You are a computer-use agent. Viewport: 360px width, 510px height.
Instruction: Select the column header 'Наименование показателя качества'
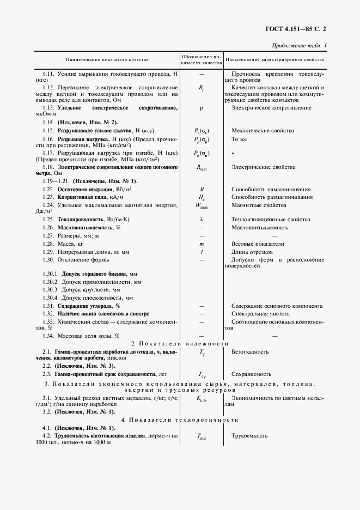pos(107,59)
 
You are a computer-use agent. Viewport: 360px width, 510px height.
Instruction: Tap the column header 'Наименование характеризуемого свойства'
pos(275,59)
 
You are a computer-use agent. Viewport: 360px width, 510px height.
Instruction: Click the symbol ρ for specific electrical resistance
pos(201,109)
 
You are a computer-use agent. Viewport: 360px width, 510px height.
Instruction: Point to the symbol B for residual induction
pos(201,189)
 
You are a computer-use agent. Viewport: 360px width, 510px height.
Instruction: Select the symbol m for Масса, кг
pos(201,244)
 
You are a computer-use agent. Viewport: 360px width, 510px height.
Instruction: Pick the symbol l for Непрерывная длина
pos(201,252)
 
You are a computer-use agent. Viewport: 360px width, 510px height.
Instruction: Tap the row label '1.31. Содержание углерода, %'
pos(81,307)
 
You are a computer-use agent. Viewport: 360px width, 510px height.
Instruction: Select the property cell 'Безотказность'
pos(249,353)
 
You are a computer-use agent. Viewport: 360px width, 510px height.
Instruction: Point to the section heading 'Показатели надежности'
pos(180,343)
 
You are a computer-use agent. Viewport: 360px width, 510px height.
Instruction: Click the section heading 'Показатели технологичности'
pos(180,420)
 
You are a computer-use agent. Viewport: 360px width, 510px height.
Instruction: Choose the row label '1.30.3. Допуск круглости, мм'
pos(81,290)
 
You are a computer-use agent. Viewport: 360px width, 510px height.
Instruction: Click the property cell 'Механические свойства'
pos(260,131)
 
